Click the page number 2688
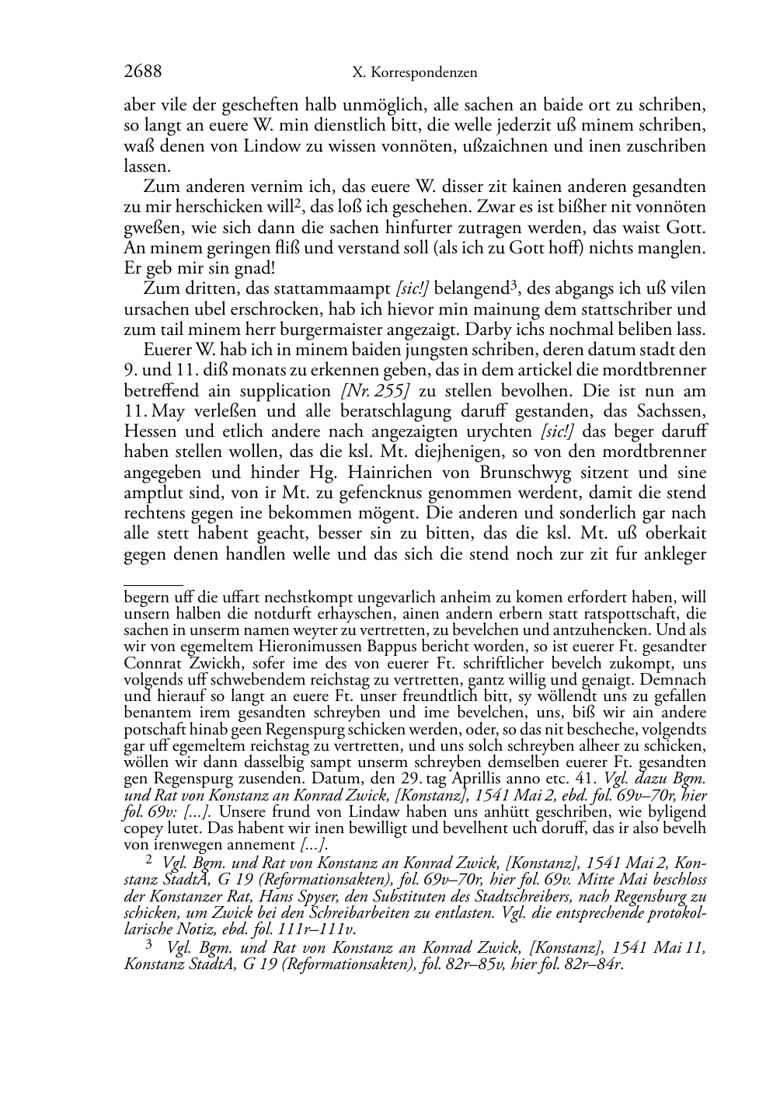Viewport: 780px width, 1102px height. (143, 72)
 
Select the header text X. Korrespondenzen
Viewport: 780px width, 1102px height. (414, 73)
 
